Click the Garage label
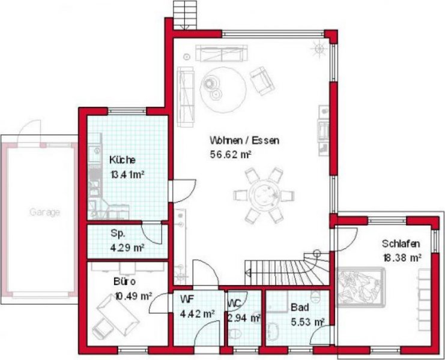(x=44, y=212)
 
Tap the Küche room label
(x=123, y=160)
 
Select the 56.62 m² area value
(x=231, y=154)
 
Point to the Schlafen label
(x=401, y=244)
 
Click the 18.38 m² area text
(x=402, y=257)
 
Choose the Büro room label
(x=124, y=282)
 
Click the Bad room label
(x=300, y=307)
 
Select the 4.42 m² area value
(x=197, y=314)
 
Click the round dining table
(x=264, y=194)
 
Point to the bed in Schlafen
(x=360, y=287)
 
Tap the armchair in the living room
(x=262, y=80)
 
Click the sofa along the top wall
(x=222, y=53)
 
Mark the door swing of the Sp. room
(x=152, y=233)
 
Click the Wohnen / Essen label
(x=244, y=140)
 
